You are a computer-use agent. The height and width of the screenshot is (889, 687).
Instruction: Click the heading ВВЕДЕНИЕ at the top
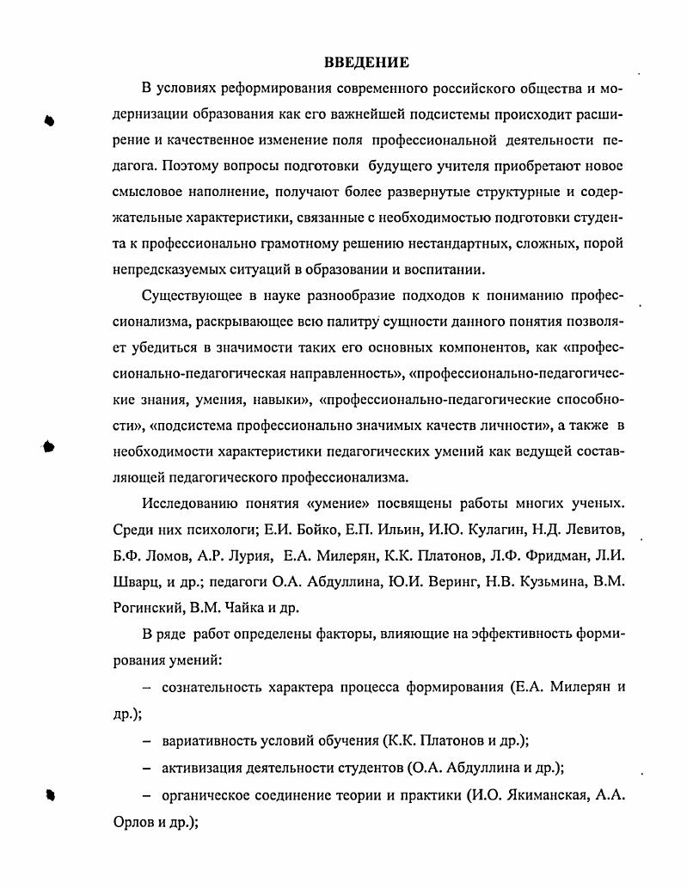coord(366,62)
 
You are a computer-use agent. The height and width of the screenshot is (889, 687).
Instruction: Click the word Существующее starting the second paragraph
coord(192,297)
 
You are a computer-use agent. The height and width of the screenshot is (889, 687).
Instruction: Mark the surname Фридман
coord(532,553)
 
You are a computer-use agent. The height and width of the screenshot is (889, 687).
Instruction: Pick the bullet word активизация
coord(203,767)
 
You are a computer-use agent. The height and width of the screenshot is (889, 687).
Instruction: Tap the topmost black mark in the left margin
coord(50,120)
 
